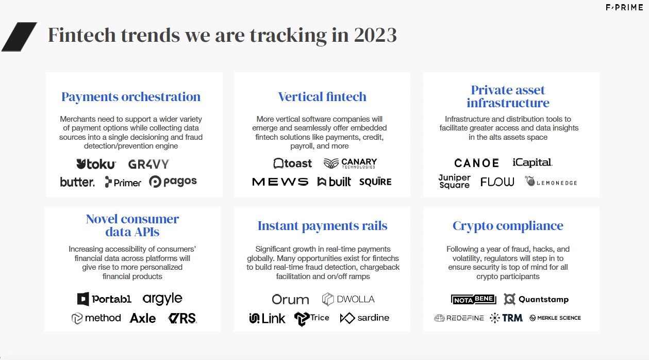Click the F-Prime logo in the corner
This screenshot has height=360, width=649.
point(624,8)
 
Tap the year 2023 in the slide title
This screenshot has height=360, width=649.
point(375,35)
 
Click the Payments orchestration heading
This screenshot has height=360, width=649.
point(131,96)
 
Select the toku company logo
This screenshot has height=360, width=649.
point(96,164)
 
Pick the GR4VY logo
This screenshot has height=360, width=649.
point(148,164)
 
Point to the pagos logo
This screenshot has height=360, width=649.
point(173,182)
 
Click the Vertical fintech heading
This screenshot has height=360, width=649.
point(322,96)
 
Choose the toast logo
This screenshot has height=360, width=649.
point(292,163)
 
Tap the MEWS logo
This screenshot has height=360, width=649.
point(280,182)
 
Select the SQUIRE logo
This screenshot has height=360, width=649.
point(375,182)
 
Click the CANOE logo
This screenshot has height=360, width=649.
point(477,163)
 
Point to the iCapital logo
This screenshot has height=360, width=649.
point(532,162)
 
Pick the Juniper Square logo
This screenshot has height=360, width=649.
point(454,182)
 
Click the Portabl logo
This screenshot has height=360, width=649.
point(104,299)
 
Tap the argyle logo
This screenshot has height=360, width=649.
point(162,299)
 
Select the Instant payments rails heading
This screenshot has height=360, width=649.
point(322,226)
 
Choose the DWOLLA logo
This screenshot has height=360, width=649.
point(348,299)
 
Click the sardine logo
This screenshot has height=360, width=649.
point(364,318)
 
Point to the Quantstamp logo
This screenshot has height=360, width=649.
point(536,299)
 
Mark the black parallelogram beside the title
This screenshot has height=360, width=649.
point(19,37)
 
